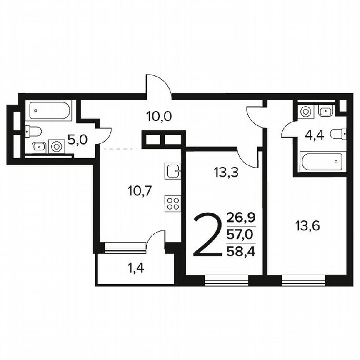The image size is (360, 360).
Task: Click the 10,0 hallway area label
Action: pos(159,116)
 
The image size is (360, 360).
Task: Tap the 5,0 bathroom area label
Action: pos(77,139)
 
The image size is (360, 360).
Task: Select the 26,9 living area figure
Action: pos(241,218)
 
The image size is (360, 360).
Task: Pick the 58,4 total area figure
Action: pos(241,252)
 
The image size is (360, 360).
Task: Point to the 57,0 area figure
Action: pos(241,235)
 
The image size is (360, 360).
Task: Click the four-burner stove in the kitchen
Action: pos(172,204)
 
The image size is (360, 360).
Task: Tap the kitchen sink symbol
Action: pos(172,170)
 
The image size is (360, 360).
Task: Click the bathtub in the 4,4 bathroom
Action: pos(322,161)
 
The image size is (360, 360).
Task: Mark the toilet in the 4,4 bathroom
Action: pos(338,134)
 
